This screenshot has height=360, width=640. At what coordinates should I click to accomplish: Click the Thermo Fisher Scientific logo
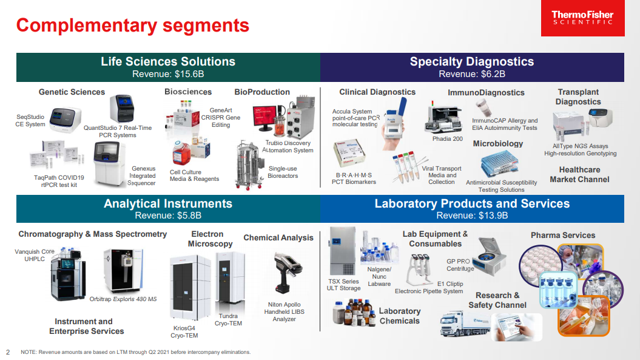[x=582, y=18]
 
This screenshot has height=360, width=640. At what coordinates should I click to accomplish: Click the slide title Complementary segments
[x=132, y=25]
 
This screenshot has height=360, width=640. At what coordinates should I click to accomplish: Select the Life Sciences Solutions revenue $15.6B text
[x=168, y=74]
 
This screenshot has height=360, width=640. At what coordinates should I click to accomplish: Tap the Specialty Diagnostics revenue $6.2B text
[x=472, y=74]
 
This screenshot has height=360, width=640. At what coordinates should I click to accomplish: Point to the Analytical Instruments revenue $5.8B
[x=168, y=216]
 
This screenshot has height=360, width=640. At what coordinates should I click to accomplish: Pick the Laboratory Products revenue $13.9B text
[x=472, y=216]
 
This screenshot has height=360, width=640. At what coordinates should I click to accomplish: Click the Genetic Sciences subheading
[x=72, y=92]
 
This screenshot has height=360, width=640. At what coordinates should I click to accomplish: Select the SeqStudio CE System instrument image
[x=64, y=120]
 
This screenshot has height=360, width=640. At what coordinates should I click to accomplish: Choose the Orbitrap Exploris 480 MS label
[x=123, y=299]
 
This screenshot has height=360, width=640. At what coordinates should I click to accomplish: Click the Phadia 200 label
[x=447, y=139]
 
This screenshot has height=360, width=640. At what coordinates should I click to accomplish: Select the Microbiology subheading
[x=497, y=144]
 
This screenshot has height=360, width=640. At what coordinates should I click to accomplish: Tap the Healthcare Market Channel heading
[x=579, y=175]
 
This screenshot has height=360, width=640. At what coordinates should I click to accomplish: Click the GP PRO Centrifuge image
[x=491, y=254]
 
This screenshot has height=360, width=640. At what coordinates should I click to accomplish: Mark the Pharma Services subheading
[x=563, y=235]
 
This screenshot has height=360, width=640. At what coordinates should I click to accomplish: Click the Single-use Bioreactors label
[x=283, y=172]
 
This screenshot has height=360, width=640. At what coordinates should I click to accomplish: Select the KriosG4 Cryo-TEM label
[x=185, y=331]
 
